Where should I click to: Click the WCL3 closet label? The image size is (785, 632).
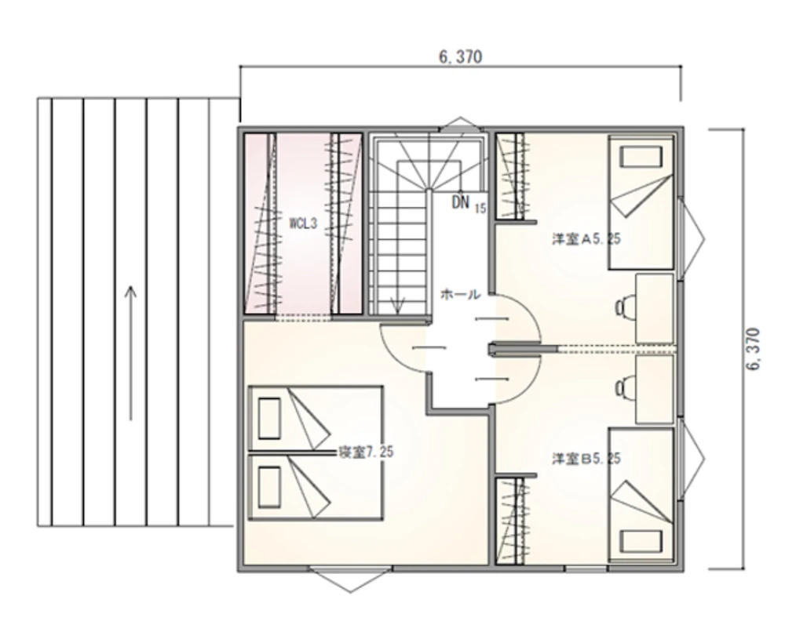click(303, 223)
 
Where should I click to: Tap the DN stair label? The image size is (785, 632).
click(461, 202)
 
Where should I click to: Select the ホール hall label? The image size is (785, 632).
click(460, 295)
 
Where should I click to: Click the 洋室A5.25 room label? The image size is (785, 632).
click(586, 239)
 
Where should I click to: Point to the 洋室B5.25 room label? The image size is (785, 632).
click(586, 459)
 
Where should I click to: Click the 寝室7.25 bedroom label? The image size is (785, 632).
click(366, 452)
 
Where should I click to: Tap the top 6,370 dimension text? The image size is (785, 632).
click(461, 57)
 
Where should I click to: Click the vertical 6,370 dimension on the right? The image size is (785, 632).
click(753, 349)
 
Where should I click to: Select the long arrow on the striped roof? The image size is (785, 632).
click(130, 353)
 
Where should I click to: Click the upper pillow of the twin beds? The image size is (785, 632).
click(268, 418)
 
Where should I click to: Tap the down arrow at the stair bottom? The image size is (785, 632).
click(397, 306)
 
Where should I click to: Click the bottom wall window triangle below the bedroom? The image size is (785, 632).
click(350, 580)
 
